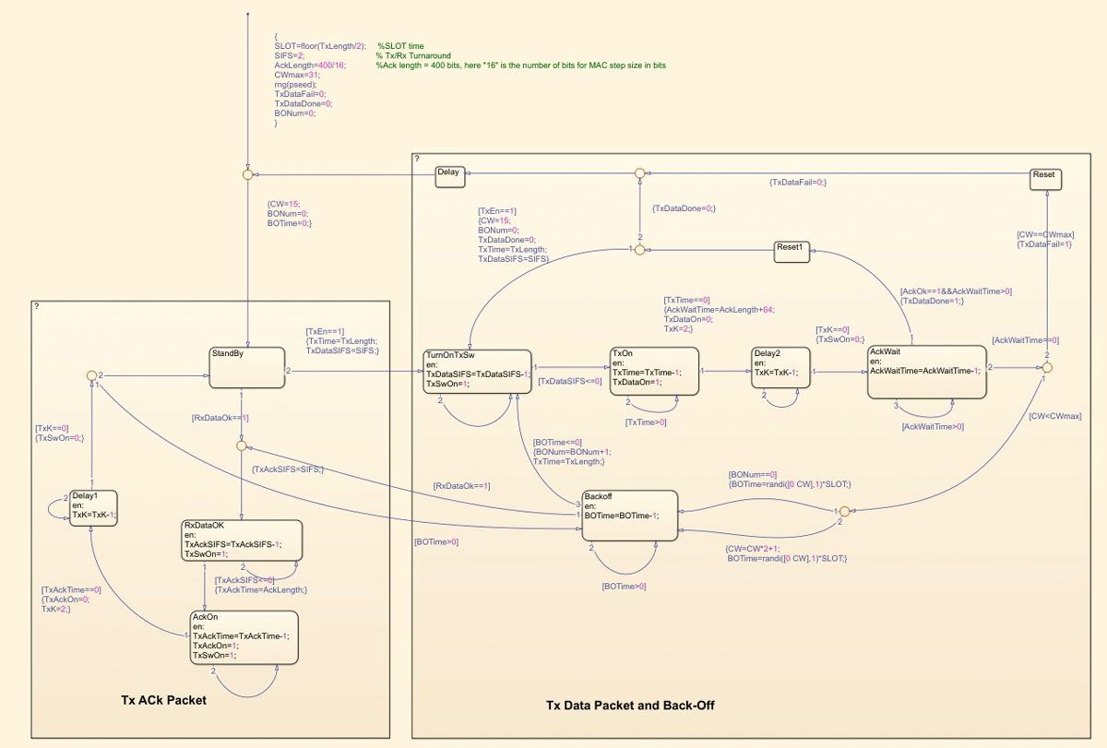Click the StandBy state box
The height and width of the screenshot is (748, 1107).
click(x=246, y=367)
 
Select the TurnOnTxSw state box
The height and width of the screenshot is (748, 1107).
click(x=478, y=372)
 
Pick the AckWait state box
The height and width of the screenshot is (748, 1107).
click(x=926, y=372)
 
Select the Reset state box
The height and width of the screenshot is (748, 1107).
click(x=1044, y=179)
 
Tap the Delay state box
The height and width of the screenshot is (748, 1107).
click(x=451, y=177)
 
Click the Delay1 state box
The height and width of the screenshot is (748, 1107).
click(x=92, y=508)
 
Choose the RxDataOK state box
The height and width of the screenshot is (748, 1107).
click(x=240, y=541)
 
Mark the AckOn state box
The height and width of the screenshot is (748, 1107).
click(x=244, y=636)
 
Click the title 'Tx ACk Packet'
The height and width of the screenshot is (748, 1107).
click(x=163, y=700)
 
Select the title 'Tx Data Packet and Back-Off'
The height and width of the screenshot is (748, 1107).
click(x=630, y=706)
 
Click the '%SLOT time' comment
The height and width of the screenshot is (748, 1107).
click(x=400, y=46)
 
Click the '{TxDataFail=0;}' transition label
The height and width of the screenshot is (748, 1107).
click(x=798, y=183)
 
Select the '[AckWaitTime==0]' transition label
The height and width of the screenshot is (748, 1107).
click(x=1026, y=339)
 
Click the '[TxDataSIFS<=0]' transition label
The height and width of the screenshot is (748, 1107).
click(x=569, y=381)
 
